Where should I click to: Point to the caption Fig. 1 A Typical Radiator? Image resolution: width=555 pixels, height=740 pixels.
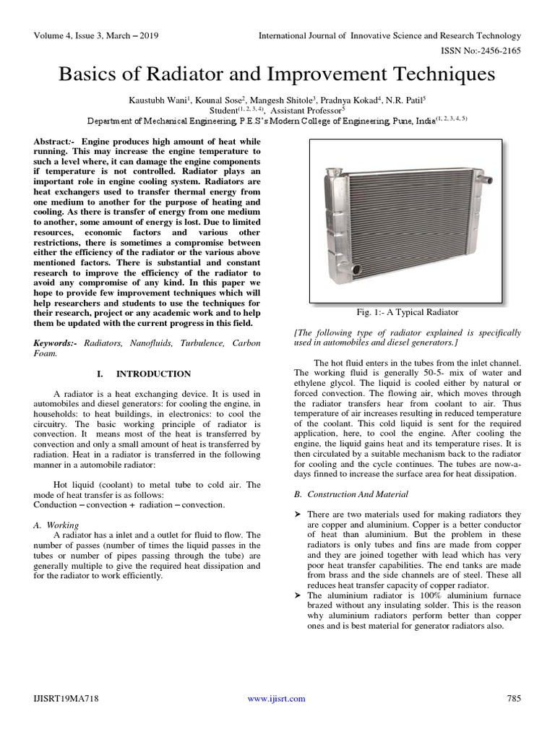tap(408, 312)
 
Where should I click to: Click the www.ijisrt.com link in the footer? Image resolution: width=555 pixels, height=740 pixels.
tap(276, 698)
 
